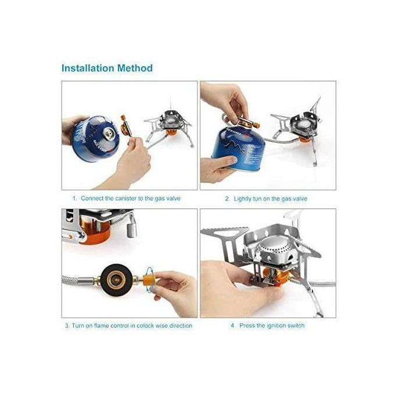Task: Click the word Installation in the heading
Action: click(x=88, y=68)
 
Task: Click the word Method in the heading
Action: click(x=135, y=68)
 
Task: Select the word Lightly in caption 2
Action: click(x=243, y=199)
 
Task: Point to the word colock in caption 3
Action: click(x=145, y=325)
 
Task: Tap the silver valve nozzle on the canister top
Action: click(x=110, y=132)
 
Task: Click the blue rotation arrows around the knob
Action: click(x=150, y=279)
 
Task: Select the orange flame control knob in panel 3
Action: click(x=149, y=281)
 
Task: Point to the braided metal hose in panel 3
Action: click(x=71, y=280)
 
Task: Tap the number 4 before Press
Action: click(x=232, y=325)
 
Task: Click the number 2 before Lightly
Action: click(x=227, y=199)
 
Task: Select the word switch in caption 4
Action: click(x=296, y=325)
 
